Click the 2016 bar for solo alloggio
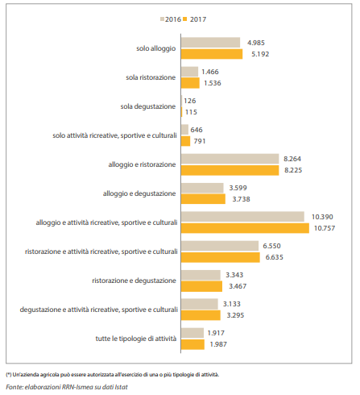pos(210,43)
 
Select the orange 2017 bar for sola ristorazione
pos(190,83)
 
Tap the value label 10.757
pos(325,228)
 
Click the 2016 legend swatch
pos(162,19)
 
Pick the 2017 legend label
pos(198,19)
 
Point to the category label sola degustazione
pos(148,106)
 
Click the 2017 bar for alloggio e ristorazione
pos(230,170)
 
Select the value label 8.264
pos(292,159)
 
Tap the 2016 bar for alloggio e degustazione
pos(202,188)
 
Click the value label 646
pos(197,130)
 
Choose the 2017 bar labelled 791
pos(185,141)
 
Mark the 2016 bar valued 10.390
pos(242,217)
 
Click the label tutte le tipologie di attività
pos(136,339)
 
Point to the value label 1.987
pos(218,344)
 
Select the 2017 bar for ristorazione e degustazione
pos(201,286)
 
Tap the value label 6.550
pos(271,246)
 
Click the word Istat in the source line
pos(121,387)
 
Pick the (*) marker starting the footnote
pos(9,375)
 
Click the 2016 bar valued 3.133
pos(200,304)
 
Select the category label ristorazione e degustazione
pos(134,281)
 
